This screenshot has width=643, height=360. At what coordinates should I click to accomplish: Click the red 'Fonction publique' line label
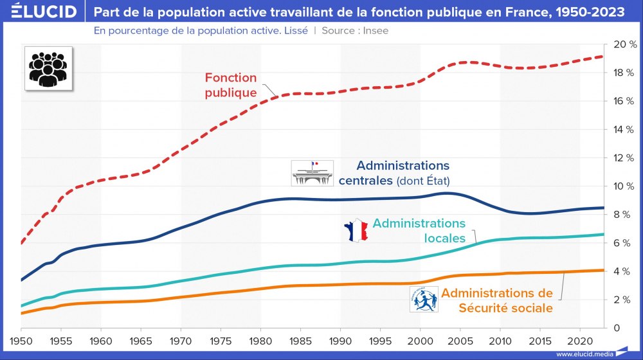tap(230, 85)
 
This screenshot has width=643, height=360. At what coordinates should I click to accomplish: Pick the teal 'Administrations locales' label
tap(419, 231)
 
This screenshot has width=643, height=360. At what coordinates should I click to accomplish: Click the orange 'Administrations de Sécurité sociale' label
tap(496, 300)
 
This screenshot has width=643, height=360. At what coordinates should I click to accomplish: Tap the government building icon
tap(312, 174)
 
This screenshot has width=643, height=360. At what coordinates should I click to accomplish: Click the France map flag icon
tap(355, 231)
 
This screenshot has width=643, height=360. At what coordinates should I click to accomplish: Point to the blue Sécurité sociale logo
tap(423, 299)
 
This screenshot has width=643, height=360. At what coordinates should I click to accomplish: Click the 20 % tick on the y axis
tap(625, 44)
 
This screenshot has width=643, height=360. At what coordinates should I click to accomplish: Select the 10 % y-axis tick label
tap(625, 186)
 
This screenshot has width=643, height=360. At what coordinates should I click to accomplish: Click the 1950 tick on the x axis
tap(21, 339)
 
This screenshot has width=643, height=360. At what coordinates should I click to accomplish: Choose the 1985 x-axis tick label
tap(300, 339)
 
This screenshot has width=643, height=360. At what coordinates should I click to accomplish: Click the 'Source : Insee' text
tap(355, 30)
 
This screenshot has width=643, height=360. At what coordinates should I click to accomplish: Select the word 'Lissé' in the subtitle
tap(294, 30)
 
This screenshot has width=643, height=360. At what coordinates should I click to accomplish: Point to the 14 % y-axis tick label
tap(625, 130)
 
